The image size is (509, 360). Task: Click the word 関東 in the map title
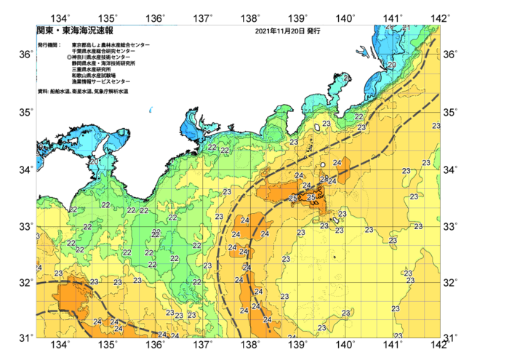point(44,31)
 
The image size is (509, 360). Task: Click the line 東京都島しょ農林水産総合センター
point(111,45)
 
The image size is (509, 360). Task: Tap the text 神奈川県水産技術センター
point(104,57)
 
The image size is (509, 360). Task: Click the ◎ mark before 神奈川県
point(69,57)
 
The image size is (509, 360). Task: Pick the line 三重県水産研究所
point(92,68)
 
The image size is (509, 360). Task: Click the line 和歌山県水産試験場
point(95,74)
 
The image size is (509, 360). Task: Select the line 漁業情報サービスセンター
point(103,80)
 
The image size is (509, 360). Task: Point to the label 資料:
point(42,91)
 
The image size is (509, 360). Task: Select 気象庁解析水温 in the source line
point(112,91)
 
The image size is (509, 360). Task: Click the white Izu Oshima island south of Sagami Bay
point(318,125)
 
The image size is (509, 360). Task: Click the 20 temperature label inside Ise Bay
point(95,161)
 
